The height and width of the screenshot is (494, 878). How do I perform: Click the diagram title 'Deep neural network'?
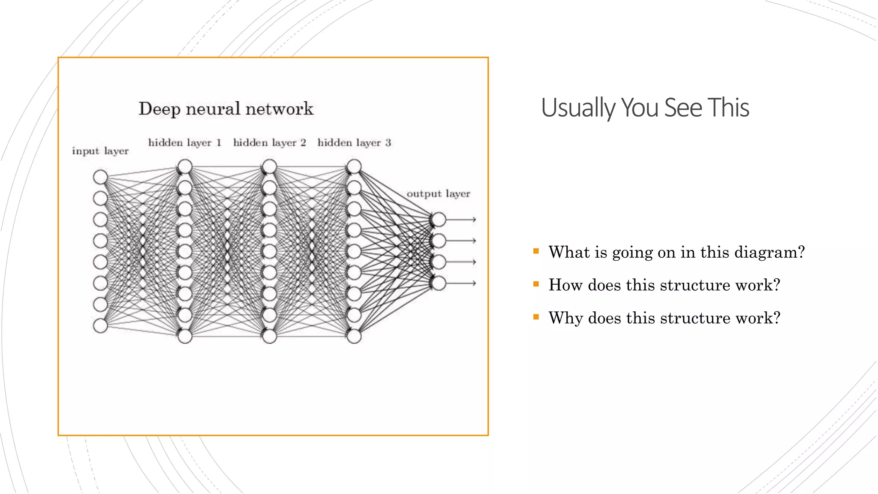click(x=226, y=109)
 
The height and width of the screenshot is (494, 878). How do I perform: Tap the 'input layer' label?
click(x=100, y=151)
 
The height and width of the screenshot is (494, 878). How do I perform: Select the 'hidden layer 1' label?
click(x=185, y=143)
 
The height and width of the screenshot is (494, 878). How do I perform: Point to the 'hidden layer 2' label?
click(x=270, y=143)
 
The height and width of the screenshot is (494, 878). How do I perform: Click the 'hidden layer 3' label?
click(x=354, y=143)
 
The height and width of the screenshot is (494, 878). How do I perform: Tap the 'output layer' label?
click(x=438, y=194)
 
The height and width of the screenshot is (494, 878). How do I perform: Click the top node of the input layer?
click(x=100, y=177)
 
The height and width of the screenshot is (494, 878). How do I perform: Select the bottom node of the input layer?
click(x=100, y=326)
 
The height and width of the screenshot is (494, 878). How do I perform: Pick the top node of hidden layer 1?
click(x=185, y=166)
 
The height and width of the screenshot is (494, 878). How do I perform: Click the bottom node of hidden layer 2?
click(x=269, y=337)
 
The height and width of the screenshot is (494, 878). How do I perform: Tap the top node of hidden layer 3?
click(x=354, y=166)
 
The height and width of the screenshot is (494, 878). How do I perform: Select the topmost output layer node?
click(x=439, y=220)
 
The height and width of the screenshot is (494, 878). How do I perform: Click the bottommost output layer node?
click(x=439, y=283)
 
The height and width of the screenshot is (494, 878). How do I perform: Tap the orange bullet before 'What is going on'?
click(x=536, y=251)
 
